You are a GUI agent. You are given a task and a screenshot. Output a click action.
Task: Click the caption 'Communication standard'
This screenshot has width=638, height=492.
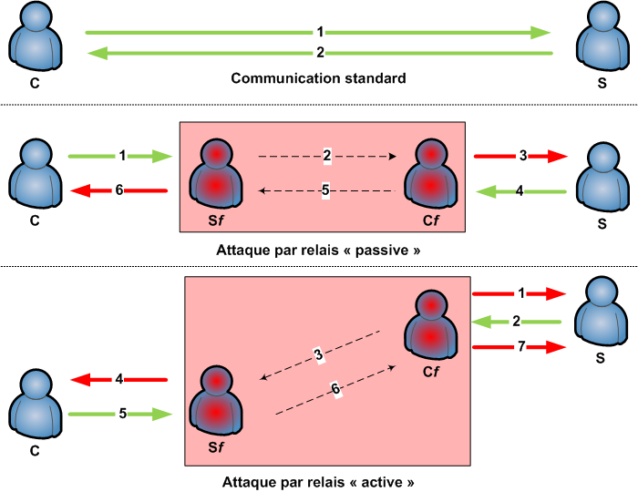pyautogui.click(x=318, y=78)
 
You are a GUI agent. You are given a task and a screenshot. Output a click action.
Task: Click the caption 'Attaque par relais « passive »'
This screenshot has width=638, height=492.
pyautogui.click(x=318, y=249)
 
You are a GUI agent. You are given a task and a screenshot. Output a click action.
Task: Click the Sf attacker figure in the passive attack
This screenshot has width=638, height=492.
pyautogui.click(x=216, y=173)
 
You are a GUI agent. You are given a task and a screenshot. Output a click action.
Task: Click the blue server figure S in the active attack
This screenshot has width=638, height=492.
pyautogui.click(x=601, y=312)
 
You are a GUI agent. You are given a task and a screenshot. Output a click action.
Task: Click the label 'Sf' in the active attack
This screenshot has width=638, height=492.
pyautogui.click(x=216, y=448)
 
